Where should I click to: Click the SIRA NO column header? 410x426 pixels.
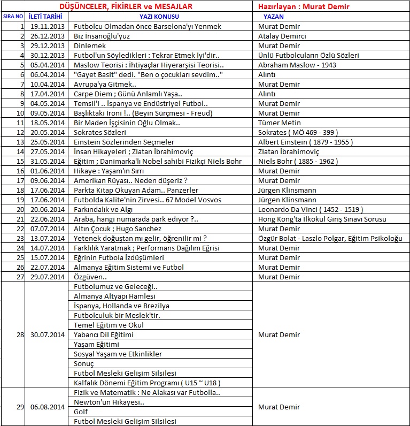click(x=13, y=17)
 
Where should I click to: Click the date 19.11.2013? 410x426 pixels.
click(x=47, y=26)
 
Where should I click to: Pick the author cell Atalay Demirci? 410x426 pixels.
click(x=282, y=36)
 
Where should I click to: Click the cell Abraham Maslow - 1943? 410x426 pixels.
click(x=297, y=65)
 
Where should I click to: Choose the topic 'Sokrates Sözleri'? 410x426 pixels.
click(x=100, y=132)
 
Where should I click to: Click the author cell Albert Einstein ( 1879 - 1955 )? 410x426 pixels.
click(x=306, y=142)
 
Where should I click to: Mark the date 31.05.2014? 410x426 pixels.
click(x=47, y=161)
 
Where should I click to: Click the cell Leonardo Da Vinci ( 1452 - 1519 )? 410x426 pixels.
click(x=310, y=209)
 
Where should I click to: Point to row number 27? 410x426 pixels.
click(x=20, y=277)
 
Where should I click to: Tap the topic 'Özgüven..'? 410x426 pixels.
click(x=90, y=277)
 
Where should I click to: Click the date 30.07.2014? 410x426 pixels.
click(x=47, y=334)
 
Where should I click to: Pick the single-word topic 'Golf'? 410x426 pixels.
click(x=81, y=412)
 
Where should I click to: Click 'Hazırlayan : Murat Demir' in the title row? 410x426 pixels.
click(x=304, y=6)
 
